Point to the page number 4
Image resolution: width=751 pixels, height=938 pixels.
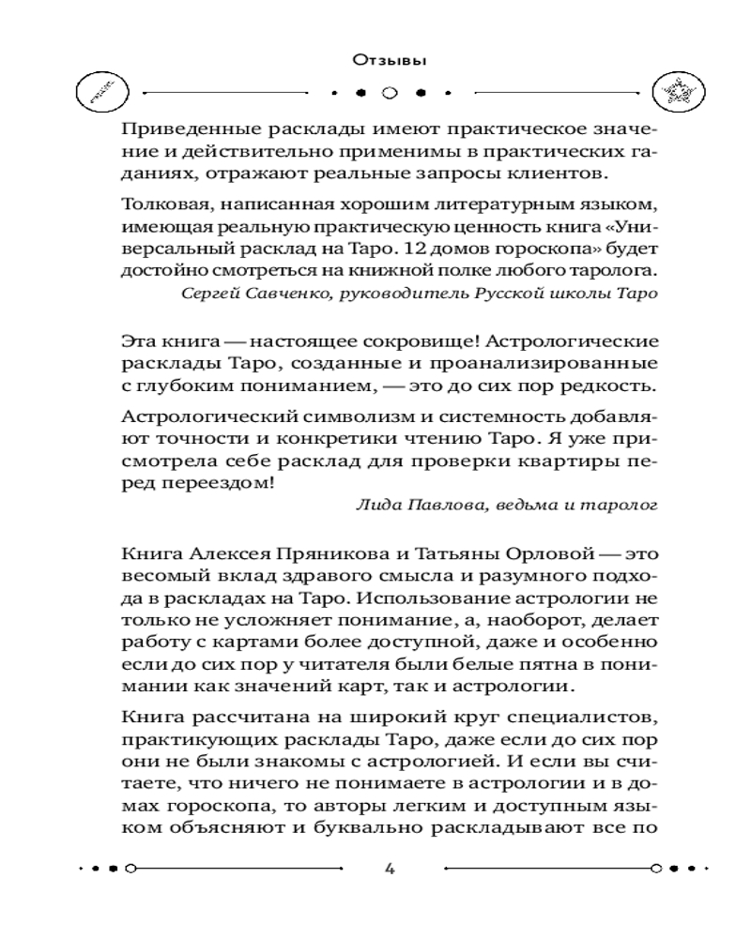(389, 868)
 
